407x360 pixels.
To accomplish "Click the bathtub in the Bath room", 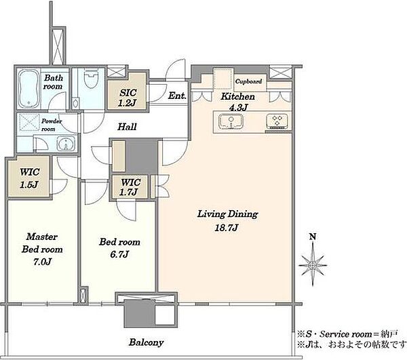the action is (x=28, y=88).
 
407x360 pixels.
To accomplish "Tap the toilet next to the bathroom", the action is (x=91, y=78).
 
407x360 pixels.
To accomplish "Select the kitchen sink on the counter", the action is (x=231, y=121).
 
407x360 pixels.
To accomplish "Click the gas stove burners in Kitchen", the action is (x=277, y=121).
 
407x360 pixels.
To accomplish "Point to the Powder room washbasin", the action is (x=66, y=144).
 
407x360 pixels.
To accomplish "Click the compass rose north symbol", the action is (x=313, y=265).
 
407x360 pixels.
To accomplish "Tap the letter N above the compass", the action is (x=313, y=237).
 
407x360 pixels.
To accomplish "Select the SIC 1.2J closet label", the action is (x=128, y=98).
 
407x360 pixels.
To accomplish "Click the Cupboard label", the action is (x=248, y=81).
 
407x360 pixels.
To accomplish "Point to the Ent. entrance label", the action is (x=177, y=96).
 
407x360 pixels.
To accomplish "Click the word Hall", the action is (x=127, y=127).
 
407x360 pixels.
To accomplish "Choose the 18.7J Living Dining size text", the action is (x=227, y=228).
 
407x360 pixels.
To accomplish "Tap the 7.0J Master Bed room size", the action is (x=42, y=262).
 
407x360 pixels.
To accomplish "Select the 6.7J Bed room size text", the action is (x=119, y=254).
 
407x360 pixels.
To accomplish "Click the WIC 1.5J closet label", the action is (x=30, y=178).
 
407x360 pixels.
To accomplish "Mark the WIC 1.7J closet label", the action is (x=131, y=187).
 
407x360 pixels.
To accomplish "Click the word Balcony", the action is (x=146, y=342).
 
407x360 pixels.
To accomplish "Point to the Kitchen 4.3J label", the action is (x=238, y=102).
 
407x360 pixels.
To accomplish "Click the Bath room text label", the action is (x=53, y=82).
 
